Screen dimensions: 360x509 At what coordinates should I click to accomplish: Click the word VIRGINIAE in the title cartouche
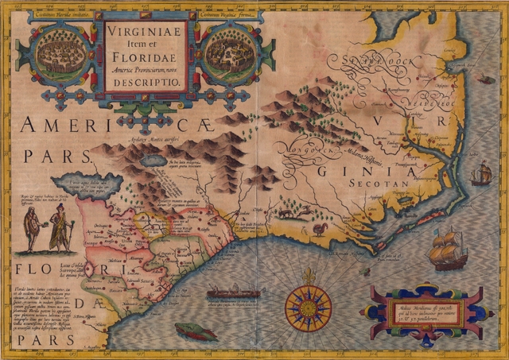[x=143, y=34]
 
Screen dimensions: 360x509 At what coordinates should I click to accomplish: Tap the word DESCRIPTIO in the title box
[x=143, y=81]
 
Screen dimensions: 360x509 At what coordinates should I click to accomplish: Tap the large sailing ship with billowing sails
[x=447, y=248]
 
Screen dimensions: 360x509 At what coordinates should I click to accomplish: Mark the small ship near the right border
[x=482, y=172]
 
